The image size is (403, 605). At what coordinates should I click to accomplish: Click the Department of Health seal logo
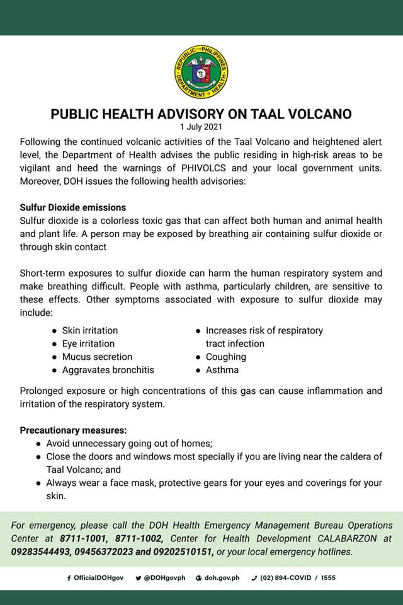[201, 72]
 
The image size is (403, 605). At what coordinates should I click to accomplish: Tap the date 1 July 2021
[201, 127]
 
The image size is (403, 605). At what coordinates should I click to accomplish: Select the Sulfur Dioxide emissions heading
[72, 207]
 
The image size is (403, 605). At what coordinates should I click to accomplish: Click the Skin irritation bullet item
[89, 330]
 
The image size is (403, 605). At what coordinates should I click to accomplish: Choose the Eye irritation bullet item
[88, 343]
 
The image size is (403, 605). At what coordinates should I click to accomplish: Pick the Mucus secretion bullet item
[97, 357]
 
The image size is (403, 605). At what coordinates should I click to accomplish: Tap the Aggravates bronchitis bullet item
[108, 370]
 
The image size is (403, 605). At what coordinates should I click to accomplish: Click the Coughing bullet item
[225, 357]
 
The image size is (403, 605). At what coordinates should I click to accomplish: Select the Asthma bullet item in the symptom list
[222, 370]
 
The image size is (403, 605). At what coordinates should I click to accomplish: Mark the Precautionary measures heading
[73, 430]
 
